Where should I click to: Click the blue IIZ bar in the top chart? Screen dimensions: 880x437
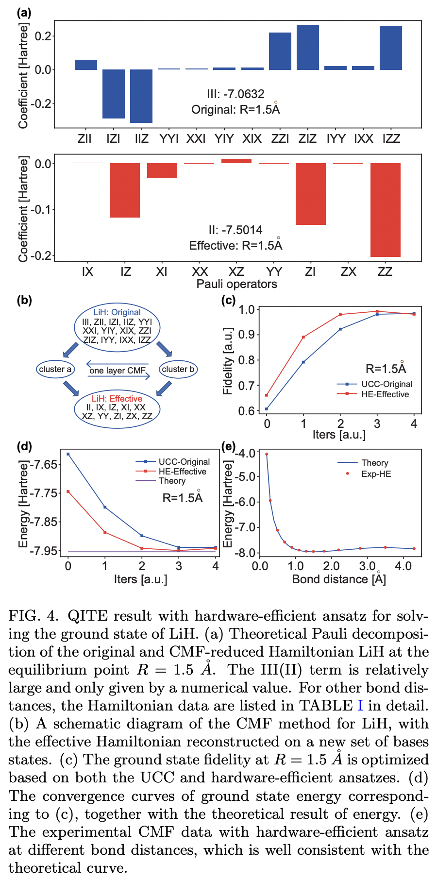click(x=141, y=96)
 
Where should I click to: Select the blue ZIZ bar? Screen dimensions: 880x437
click(x=308, y=48)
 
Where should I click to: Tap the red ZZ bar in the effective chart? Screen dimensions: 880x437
click(x=385, y=210)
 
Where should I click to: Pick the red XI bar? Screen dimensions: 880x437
click(x=162, y=170)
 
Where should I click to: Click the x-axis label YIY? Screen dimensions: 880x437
click(x=224, y=139)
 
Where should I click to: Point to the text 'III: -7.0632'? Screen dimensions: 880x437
click(x=235, y=94)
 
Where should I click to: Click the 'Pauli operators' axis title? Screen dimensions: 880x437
click(x=236, y=284)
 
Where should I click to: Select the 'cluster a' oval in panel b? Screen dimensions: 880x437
click(x=55, y=369)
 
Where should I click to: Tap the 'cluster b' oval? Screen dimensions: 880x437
click(x=178, y=369)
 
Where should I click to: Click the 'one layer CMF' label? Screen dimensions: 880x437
click(x=118, y=371)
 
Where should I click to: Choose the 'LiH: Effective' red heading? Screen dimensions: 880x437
click(x=117, y=398)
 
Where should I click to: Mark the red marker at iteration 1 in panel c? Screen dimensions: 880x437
click(x=303, y=337)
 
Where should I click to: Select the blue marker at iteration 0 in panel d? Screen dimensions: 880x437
click(x=68, y=454)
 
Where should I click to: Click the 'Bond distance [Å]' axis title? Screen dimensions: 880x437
click(x=339, y=579)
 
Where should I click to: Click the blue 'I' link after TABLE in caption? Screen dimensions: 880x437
click(x=360, y=706)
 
